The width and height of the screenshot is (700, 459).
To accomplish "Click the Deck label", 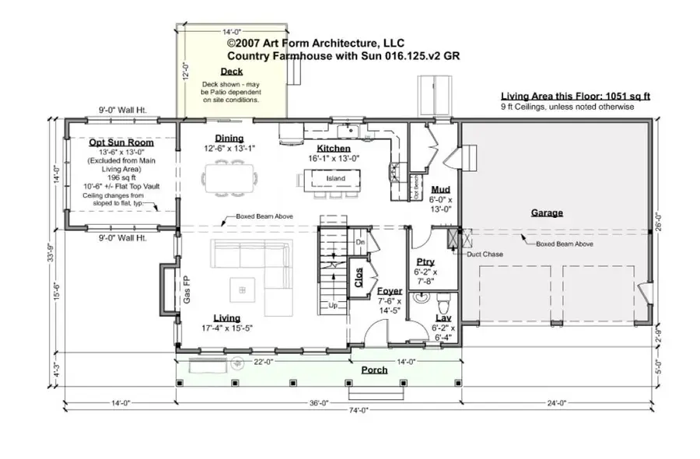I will [231, 72].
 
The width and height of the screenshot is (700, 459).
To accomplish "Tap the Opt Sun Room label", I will [121, 143].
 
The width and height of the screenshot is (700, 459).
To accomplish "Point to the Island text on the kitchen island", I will [335, 178].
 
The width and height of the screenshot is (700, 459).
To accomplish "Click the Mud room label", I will [440, 189].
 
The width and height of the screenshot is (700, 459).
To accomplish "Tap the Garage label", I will [547, 212].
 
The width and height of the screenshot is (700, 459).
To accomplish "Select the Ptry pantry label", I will [425, 262].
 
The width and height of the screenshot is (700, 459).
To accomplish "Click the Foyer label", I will [389, 291].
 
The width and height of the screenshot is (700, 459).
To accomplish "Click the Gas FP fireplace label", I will [186, 288].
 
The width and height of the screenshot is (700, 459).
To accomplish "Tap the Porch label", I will [374, 370].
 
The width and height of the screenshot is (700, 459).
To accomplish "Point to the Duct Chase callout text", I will [485, 254].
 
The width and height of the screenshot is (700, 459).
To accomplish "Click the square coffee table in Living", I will [243, 289].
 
